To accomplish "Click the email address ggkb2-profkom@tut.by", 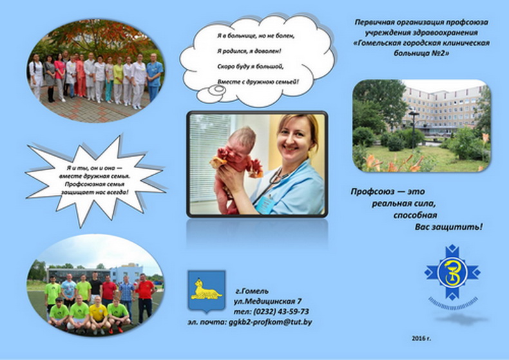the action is [270, 323].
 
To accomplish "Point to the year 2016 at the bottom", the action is [421, 339].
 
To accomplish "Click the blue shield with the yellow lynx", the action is [206, 292].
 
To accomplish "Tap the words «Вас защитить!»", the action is [448, 227].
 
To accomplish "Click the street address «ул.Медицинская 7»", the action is [268, 301].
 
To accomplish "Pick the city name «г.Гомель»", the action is [252, 291].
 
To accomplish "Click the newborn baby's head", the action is [240, 140].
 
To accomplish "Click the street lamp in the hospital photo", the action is [413, 129].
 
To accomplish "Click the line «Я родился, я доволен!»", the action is [249, 52].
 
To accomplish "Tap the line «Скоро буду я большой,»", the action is [250, 66].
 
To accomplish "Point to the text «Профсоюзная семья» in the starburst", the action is [95, 184].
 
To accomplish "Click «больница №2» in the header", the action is [421, 53].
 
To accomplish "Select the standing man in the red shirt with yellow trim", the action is [145, 297].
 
